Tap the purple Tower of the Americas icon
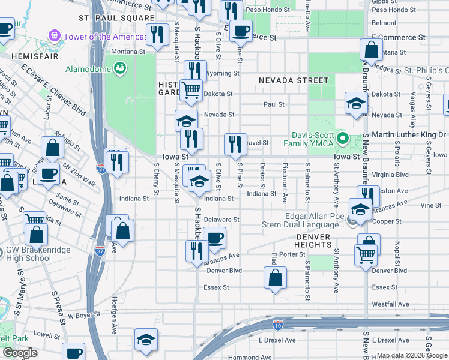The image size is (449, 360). click(x=56, y=36)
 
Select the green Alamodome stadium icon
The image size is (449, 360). click(x=121, y=69)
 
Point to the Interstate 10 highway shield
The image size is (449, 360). click(x=277, y=325)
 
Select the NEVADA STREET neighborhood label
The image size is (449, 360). click(x=294, y=80)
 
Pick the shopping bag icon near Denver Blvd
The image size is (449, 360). click(x=275, y=278)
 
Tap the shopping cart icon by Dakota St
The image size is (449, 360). click(x=191, y=90)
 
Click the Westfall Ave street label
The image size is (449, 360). click(x=390, y=304)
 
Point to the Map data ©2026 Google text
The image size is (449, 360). click(x=411, y=356)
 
